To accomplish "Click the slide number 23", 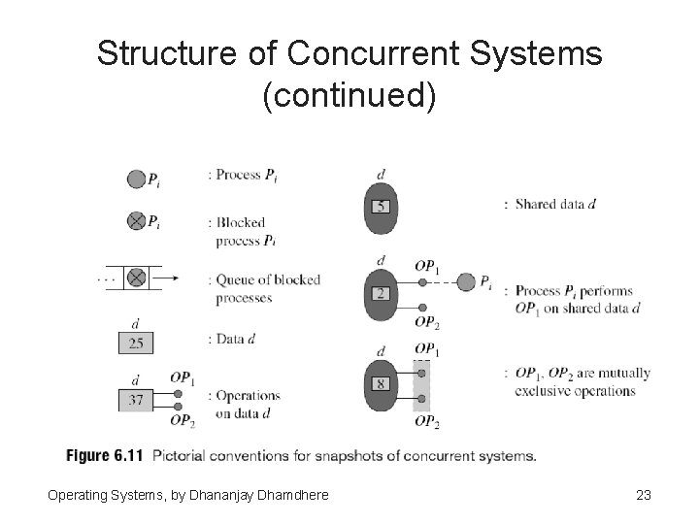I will tap(643, 496).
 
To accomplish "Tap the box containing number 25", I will tap(136, 343).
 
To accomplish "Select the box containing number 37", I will tap(136, 398).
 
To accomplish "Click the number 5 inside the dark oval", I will tap(382, 206).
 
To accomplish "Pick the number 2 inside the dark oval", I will tap(382, 293).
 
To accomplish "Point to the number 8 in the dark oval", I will tap(382, 384).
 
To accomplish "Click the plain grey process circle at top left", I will tap(136, 179).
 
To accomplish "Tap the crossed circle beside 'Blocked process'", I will tap(136, 221).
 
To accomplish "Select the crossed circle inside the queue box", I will tap(137, 278).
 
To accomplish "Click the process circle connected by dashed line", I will tap(466, 282).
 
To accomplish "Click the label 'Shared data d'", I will tap(555, 204).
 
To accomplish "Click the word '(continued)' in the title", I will tap(349, 96).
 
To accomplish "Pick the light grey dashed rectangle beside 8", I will tap(421, 385).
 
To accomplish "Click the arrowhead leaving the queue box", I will tap(175, 278).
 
